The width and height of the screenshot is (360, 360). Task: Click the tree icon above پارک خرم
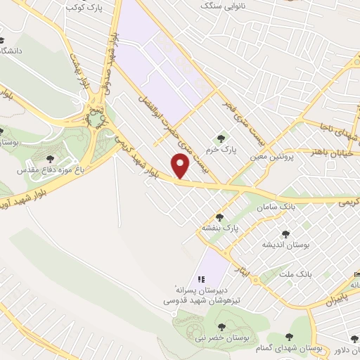coord(222,139)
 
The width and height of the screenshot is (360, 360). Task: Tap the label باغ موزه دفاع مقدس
coord(51,170)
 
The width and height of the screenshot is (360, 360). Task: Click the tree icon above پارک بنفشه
coord(219,217)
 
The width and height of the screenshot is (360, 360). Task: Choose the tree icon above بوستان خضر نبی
coord(221,326)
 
